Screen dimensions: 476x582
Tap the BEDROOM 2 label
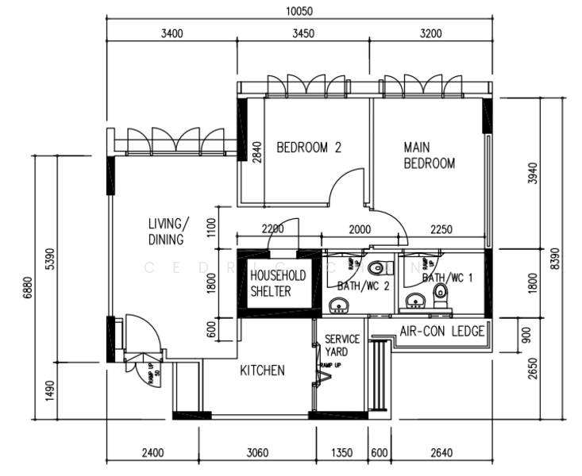coord(309,147)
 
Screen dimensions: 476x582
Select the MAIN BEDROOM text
coord(429,155)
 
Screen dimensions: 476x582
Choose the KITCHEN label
coord(262,370)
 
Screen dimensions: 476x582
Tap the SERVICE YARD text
coord(342,345)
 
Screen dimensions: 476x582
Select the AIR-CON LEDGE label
coord(441,332)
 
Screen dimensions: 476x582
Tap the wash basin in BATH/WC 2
coord(339,305)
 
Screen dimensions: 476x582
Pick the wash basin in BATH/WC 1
coord(413,300)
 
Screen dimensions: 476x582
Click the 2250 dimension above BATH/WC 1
coord(443,229)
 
